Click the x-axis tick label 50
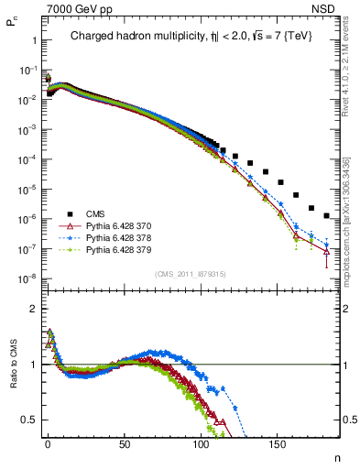point(124,442)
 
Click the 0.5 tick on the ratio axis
point(28,420)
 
